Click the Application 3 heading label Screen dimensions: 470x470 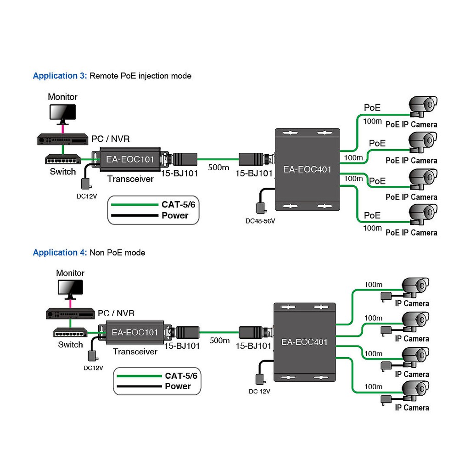(60, 76)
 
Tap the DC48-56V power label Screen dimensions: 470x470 (260, 221)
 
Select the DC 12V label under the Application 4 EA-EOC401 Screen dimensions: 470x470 (259, 392)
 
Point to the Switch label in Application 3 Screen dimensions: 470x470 (63, 172)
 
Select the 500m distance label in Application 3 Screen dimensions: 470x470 (218, 168)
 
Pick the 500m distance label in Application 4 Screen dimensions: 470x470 (219, 340)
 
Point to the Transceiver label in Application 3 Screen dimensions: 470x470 (130, 179)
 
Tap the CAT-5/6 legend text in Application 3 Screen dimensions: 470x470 (179, 205)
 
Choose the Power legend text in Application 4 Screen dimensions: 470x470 (178, 386)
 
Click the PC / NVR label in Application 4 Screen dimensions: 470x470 (116, 313)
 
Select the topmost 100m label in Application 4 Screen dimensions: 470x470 (373, 285)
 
